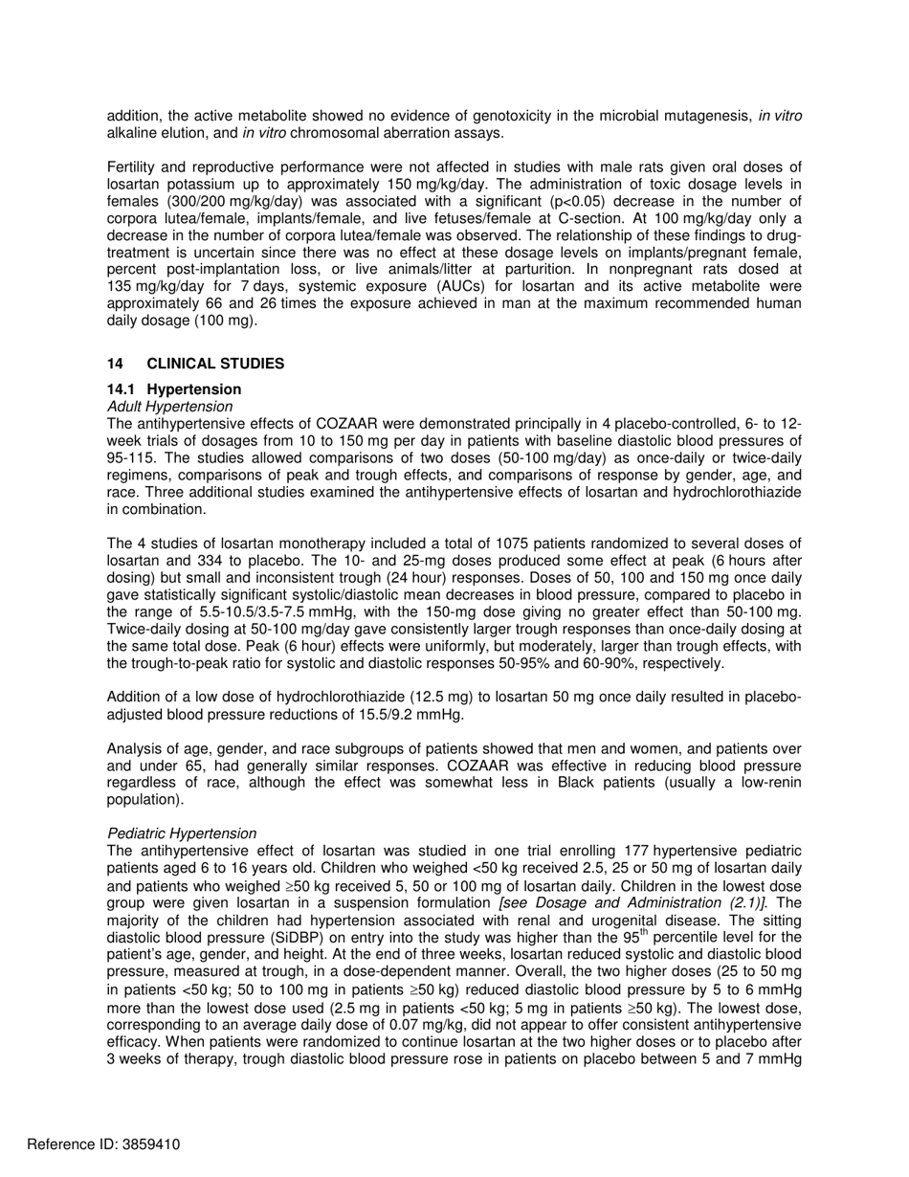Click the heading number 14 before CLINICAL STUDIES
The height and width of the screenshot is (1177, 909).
[x=116, y=365]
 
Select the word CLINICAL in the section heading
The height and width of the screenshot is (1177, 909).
[x=182, y=365]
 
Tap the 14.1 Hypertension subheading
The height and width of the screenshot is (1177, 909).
[x=174, y=389]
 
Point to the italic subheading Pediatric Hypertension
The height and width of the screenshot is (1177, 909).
[x=182, y=833]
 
